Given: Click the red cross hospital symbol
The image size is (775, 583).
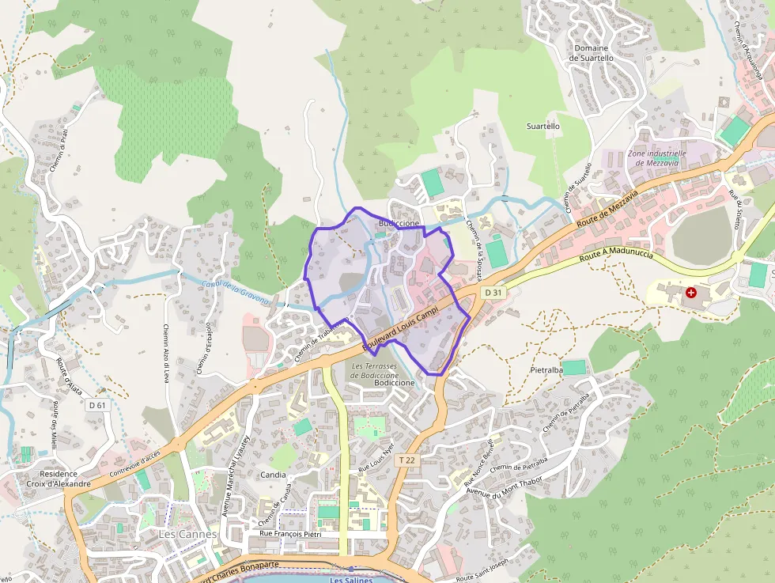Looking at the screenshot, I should tap(692, 293).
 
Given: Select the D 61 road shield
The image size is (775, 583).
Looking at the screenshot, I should tap(97, 405).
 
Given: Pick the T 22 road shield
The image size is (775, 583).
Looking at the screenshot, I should tap(406, 460).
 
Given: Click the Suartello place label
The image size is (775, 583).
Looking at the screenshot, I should tap(543, 126).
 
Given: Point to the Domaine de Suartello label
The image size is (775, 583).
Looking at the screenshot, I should tap(592, 53).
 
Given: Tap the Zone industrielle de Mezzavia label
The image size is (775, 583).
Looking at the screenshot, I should tap(656, 157).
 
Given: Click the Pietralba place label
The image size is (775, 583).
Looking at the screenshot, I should tap(546, 369).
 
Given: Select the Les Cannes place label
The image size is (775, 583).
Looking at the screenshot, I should tap(187, 534).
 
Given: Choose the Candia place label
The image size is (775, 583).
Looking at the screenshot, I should tap(273, 475).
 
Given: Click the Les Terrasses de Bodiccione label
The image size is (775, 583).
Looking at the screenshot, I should tap(385, 370).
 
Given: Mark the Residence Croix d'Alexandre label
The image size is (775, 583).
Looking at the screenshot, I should tap(59, 479).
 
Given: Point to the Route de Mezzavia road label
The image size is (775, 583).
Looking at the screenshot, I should tap(607, 206).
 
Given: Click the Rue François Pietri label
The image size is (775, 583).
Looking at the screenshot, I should tap(285, 535).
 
